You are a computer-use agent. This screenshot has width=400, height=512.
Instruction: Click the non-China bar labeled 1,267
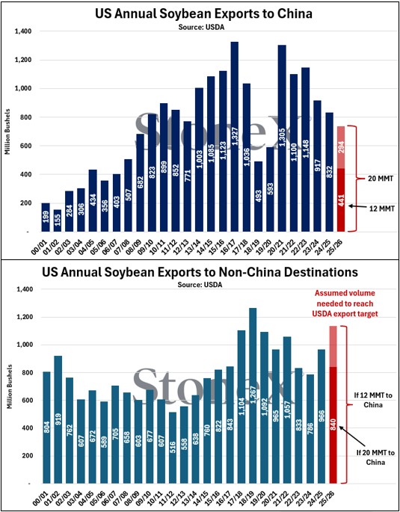[253, 389]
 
